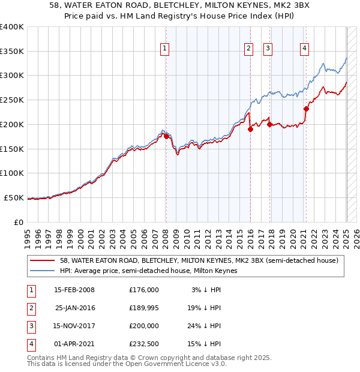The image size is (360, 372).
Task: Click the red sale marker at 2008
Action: [x=166, y=136]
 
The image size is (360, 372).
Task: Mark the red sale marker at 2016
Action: [x=250, y=130]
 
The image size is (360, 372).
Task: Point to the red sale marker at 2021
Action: [x=306, y=109]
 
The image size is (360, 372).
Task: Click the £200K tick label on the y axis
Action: [x=12, y=124]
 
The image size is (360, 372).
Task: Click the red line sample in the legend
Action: [x=42, y=261]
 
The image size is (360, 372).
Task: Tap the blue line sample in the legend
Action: [x=42, y=271]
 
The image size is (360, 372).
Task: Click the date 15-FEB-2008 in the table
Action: [x=74, y=290]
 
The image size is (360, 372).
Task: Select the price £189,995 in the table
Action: [x=144, y=308]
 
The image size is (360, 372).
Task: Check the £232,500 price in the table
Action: [x=144, y=344]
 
